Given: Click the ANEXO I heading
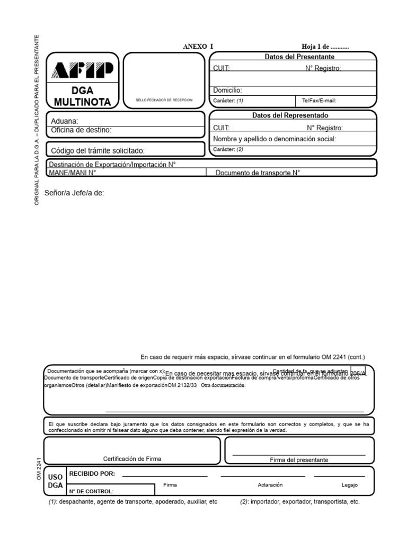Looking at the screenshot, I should tap(198, 47).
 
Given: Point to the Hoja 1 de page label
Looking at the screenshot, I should tap(325, 47).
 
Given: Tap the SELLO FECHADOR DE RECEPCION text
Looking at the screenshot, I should tap(164, 100).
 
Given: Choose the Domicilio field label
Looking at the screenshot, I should tap(227, 90).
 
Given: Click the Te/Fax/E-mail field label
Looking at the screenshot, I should tap(319, 100).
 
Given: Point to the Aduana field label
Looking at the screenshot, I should tap(65, 121).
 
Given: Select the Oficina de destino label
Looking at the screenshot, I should tap(81, 130).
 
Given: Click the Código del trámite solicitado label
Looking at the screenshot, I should tap(98, 150).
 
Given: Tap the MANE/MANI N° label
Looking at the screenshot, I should tap(72, 173).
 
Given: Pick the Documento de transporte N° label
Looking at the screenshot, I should tap(258, 173).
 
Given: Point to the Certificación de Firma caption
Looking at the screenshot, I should tap(132, 459).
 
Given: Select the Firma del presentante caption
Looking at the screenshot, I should tap(299, 460).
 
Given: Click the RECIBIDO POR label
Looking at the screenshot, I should tap(92, 473).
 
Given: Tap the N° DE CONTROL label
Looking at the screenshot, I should tap(91, 491).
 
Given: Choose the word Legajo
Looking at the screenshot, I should tap(350, 485).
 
